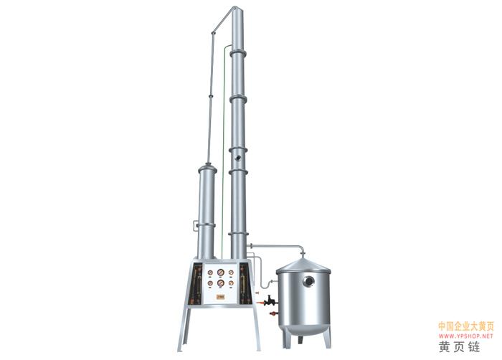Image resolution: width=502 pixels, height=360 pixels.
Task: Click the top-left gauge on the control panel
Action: pyautogui.click(x=210, y=273)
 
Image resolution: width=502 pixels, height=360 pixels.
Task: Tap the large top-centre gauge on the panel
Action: pyautogui.click(x=221, y=273)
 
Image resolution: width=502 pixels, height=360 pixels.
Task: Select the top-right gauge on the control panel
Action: pyautogui.click(x=231, y=273)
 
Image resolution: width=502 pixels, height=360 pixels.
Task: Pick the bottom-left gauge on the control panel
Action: pyautogui.click(x=210, y=283)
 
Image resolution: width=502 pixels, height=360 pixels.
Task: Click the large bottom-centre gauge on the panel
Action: pyautogui.click(x=221, y=283)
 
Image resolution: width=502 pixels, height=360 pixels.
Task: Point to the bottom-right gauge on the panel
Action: pyautogui.click(x=231, y=283)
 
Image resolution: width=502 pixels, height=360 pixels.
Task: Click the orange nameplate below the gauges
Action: pyautogui.click(x=221, y=297)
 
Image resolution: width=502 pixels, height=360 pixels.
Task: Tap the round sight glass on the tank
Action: pyautogui.click(x=309, y=281)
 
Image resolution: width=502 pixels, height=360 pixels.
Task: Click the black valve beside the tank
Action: pyautogui.click(x=270, y=300)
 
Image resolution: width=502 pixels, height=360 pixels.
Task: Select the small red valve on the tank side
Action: pyautogui.click(x=273, y=313)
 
